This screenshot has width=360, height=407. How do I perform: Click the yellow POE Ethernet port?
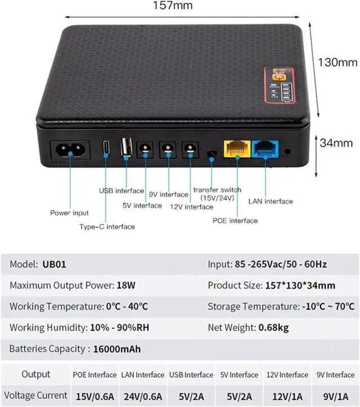point(236,148)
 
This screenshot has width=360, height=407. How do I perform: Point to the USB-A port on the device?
point(126,149)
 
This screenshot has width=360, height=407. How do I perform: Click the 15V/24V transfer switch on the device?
point(212,153)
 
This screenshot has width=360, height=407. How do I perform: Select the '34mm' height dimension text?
point(337,143)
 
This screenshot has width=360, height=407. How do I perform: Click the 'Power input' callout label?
point(69,213)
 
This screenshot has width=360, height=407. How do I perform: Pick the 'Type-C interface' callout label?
point(107,226)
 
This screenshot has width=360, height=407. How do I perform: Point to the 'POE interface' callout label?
point(236,221)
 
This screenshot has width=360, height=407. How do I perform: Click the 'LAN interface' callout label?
point(271,201)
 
